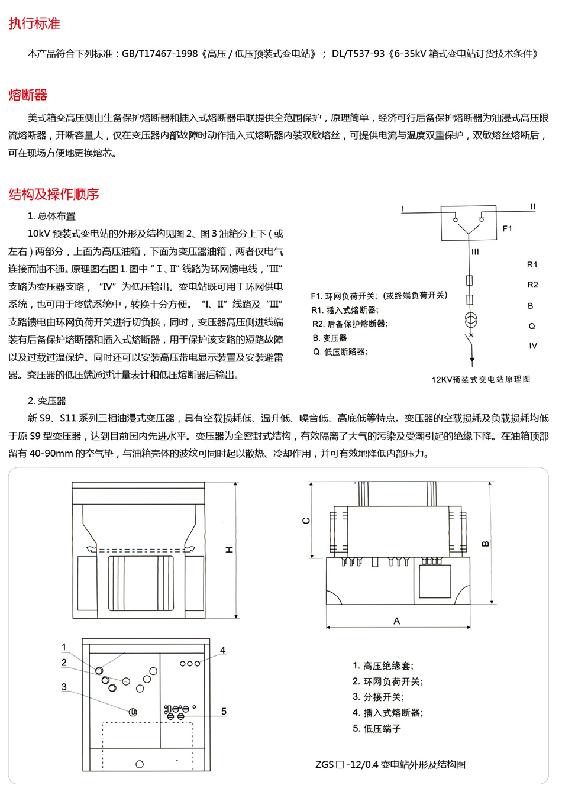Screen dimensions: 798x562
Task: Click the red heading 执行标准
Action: (x=34, y=24)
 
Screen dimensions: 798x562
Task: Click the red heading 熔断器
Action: (x=28, y=95)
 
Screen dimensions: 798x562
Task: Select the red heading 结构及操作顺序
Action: (x=54, y=194)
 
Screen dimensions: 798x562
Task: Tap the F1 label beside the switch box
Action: (x=507, y=228)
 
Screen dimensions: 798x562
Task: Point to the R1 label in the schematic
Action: (x=532, y=264)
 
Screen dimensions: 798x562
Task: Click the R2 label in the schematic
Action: (x=532, y=285)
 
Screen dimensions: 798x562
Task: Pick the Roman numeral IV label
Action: (x=532, y=345)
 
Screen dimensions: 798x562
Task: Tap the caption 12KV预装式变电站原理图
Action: (x=480, y=379)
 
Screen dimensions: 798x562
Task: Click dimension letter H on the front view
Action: (x=230, y=550)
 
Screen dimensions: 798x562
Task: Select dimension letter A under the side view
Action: (x=396, y=621)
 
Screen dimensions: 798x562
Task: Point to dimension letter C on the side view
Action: (x=306, y=521)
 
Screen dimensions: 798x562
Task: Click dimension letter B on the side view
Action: (x=485, y=544)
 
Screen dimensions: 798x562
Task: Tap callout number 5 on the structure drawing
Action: (x=224, y=712)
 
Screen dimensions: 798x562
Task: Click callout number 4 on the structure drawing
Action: (x=222, y=650)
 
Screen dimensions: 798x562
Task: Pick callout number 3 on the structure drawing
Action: (x=64, y=687)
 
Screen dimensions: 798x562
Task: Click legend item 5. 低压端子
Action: (x=377, y=729)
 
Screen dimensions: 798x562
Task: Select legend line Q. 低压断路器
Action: (x=340, y=352)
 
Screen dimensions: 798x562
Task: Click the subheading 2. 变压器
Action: (x=47, y=400)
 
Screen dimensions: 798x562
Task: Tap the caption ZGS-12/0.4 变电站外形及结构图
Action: (x=390, y=764)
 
